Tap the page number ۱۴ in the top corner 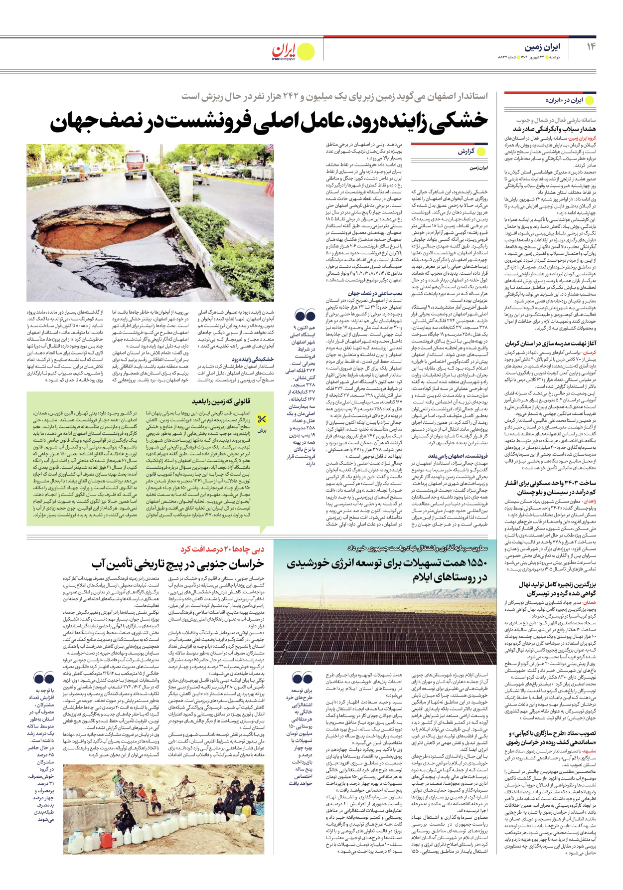[591, 46]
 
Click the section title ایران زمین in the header [542, 47]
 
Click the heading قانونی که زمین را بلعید [221, 401]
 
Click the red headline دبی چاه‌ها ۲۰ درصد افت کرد [223, 549]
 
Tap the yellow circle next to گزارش [481, 151]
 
